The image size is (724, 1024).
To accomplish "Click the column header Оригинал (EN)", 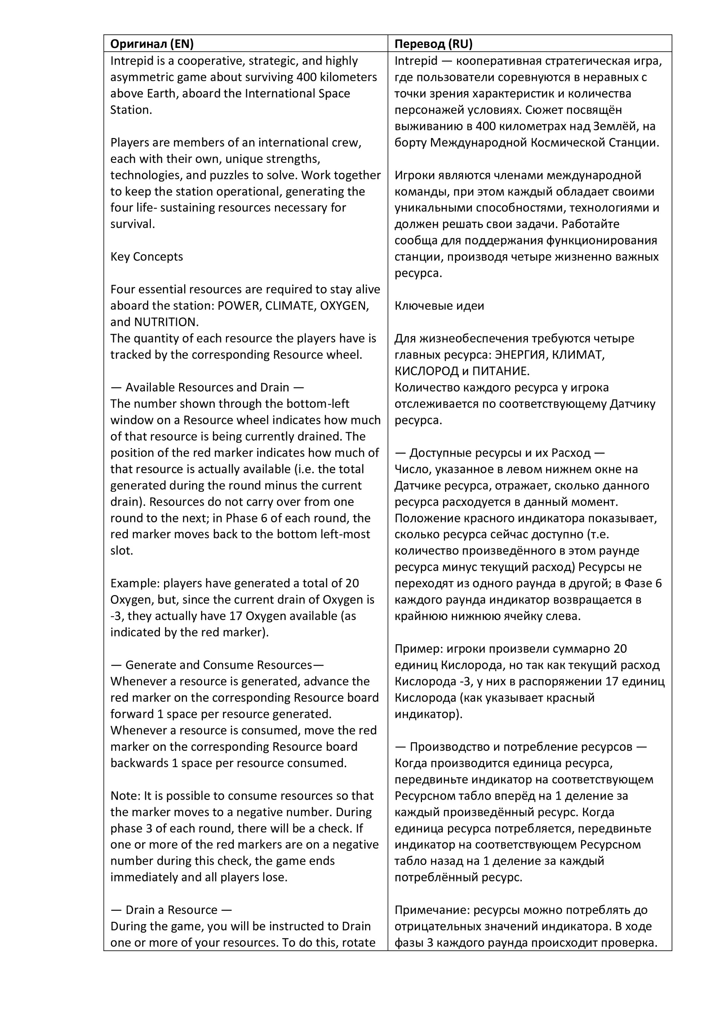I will [x=152, y=44].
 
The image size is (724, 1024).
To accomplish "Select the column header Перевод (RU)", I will [x=433, y=44].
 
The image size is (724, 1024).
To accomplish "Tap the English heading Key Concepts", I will [x=147, y=257].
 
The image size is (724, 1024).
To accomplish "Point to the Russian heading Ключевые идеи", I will [x=439, y=306].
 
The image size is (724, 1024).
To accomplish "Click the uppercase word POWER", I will [x=240, y=306].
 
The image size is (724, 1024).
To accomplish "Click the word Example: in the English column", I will [x=135, y=583].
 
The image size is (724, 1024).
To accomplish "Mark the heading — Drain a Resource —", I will [x=171, y=910].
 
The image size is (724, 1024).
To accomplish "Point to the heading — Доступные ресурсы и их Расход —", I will [x=499, y=453].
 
